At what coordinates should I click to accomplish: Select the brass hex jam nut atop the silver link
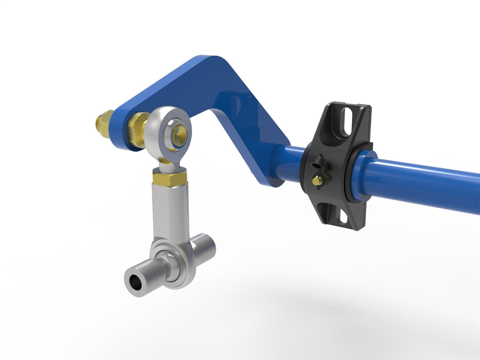point(169,177)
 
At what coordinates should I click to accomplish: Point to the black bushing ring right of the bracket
point(350,176)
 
